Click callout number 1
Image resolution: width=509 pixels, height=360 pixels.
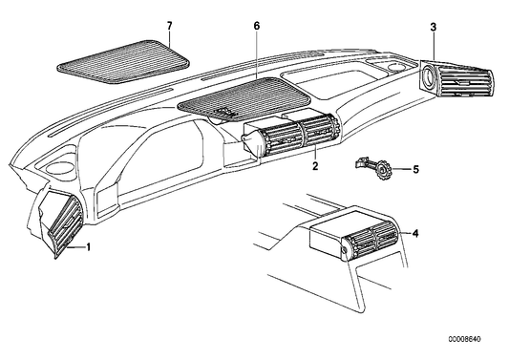click(x=88, y=247)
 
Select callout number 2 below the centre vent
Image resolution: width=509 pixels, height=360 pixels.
click(x=315, y=166)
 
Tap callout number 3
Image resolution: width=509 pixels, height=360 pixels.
click(x=434, y=28)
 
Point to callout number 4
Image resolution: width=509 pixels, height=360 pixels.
click(x=415, y=233)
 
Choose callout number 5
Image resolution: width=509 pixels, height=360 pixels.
click(x=415, y=169)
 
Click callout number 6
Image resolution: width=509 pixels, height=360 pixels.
click(x=257, y=26)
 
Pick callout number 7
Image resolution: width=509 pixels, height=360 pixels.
click(x=169, y=26)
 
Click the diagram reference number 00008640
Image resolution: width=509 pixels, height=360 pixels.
click(x=464, y=339)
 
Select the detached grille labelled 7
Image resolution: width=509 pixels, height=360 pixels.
click(x=123, y=61)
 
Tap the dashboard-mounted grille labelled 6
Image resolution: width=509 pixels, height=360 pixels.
click(x=244, y=97)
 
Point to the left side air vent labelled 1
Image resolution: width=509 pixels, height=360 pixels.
click(x=62, y=224)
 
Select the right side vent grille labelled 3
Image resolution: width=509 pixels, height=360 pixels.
click(x=456, y=79)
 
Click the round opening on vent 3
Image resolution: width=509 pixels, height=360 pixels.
click(x=429, y=76)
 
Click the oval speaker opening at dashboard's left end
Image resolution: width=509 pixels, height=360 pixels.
click(x=60, y=167)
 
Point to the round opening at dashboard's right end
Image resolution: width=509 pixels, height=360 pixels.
click(x=395, y=68)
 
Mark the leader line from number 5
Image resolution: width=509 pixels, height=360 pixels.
click(x=402, y=169)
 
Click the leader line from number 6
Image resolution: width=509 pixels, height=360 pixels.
click(x=257, y=54)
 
